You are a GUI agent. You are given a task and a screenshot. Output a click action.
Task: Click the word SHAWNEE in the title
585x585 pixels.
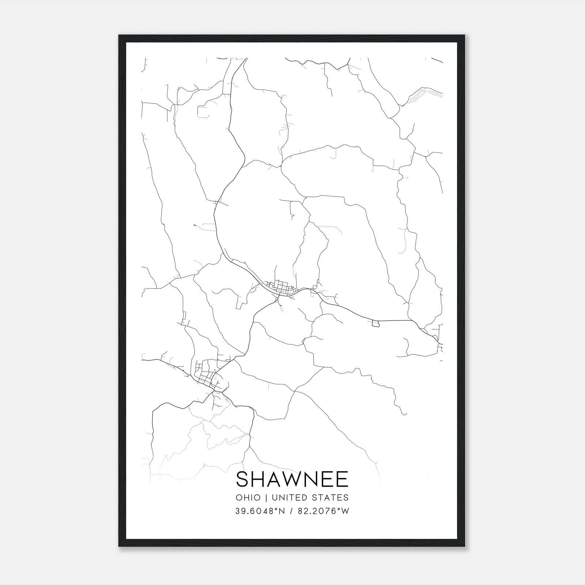[292, 479]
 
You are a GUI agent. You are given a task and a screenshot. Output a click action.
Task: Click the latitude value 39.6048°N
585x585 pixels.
[260, 511]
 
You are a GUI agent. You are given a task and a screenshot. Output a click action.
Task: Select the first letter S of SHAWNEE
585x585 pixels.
[242, 479]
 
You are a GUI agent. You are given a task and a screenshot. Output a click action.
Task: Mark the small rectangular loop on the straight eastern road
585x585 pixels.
[375, 323]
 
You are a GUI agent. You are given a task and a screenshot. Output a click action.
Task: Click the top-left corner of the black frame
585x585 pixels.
[119, 35]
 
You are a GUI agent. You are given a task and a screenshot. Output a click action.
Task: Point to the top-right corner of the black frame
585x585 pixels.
[465, 35]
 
